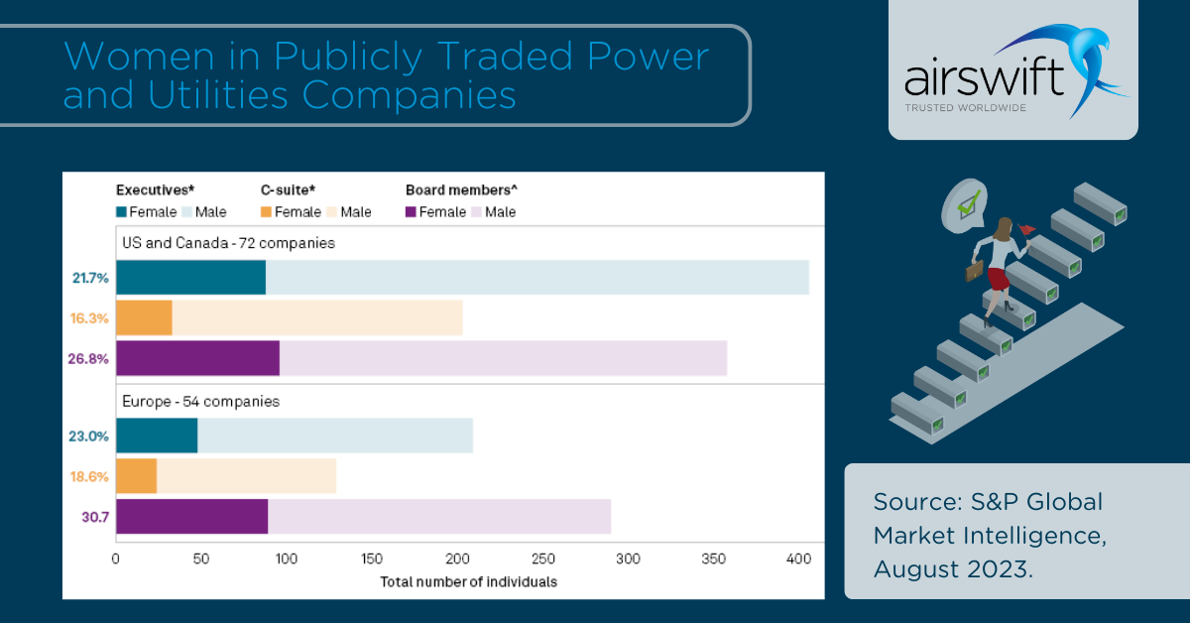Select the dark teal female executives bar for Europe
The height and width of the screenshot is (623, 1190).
157,436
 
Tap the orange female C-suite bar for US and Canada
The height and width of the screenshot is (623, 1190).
144,317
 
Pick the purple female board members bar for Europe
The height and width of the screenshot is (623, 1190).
191,516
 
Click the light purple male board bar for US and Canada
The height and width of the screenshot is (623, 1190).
503,358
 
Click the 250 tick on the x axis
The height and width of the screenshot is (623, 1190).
542,560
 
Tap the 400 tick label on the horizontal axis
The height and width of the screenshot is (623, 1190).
798,560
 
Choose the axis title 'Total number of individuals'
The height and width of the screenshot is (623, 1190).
469,581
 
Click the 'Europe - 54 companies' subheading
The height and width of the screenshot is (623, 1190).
200,402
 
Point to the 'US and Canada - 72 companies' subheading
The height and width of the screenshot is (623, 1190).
228,242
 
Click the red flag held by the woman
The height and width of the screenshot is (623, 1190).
1027,230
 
